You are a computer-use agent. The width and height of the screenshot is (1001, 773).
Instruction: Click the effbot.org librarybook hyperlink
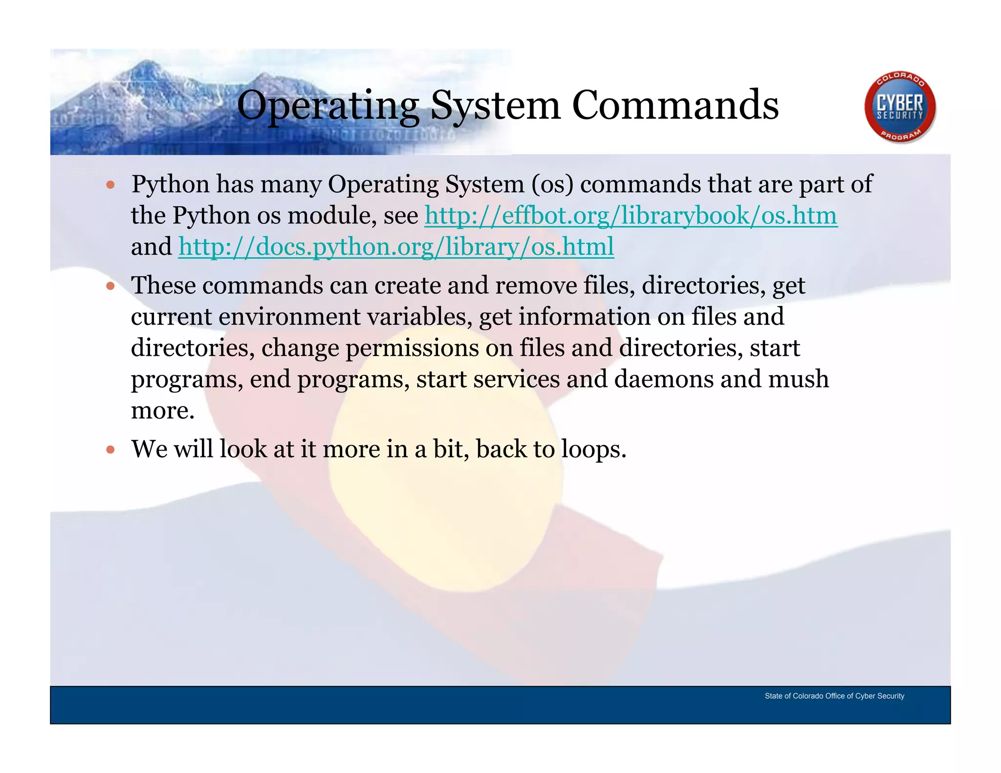coord(631,215)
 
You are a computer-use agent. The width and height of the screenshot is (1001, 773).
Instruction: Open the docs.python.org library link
coord(396,247)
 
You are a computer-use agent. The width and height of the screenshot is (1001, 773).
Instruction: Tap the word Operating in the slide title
coord(327,106)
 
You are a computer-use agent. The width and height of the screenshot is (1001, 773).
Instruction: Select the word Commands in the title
coord(675,106)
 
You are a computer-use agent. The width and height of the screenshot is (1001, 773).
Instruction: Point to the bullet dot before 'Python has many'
coord(110,185)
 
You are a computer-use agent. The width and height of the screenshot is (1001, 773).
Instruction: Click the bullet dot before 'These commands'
coord(110,286)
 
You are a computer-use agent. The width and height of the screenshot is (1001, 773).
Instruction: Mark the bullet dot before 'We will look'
coord(110,450)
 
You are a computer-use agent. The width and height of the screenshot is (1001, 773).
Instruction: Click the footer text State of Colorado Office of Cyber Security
coord(834,696)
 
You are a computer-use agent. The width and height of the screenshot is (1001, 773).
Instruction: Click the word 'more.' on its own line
coord(163,410)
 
